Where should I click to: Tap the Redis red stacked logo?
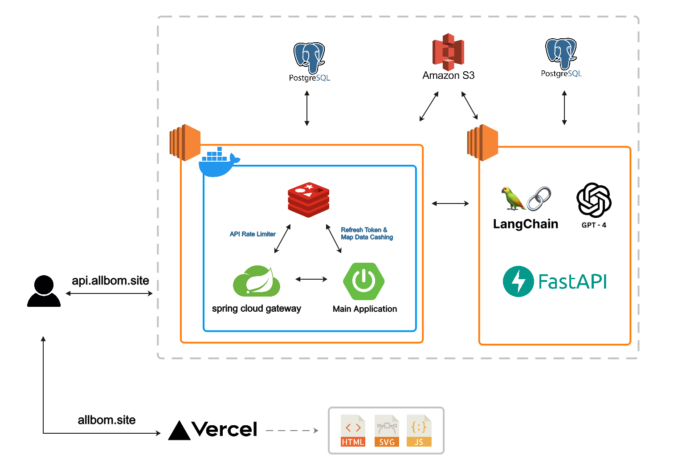(x=308, y=199)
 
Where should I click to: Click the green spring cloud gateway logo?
(x=257, y=281)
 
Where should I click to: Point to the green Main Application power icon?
(x=364, y=281)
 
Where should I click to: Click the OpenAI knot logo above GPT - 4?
(x=594, y=200)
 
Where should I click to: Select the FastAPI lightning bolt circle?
(x=518, y=281)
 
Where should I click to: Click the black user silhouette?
(x=44, y=291)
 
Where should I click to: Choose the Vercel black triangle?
(x=179, y=431)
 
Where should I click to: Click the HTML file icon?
(x=353, y=431)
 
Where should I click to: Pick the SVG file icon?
(x=387, y=431)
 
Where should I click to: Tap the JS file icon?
(x=419, y=431)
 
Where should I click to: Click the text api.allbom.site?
(x=110, y=281)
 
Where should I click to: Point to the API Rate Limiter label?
(x=253, y=234)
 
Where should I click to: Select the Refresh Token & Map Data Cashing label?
(x=367, y=233)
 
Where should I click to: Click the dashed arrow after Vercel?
(x=292, y=431)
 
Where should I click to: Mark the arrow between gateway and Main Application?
(x=311, y=279)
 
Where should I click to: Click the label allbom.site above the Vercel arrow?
(x=106, y=420)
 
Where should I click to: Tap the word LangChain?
(x=525, y=224)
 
